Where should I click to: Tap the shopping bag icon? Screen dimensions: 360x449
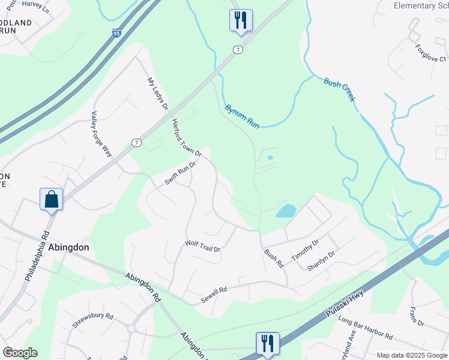coord(52,199)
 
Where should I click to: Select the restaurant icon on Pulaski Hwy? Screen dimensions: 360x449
coord(268,343)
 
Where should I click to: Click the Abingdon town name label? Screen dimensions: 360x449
coord(69,247)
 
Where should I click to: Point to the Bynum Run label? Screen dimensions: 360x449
coord(242,117)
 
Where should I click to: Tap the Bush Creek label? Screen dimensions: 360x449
coord(340,89)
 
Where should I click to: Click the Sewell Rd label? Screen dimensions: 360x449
coord(214,290)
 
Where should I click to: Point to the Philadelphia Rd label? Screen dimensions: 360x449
coord(35,256)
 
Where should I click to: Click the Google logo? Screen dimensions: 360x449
coord(20,353)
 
